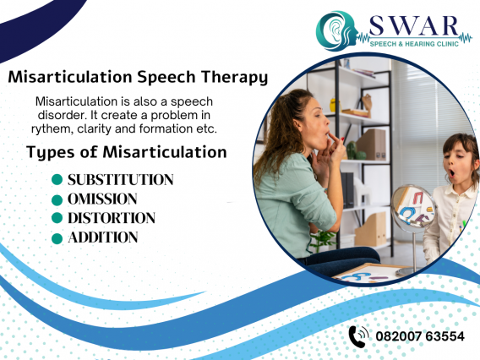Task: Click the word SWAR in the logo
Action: click(x=413, y=25)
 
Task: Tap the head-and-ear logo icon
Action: click(x=336, y=30)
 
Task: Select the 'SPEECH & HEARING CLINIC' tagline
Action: click(x=414, y=44)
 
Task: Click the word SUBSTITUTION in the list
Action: click(x=121, y=180)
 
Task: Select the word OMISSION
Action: click(x=102, y=199)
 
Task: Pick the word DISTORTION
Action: click(x=112, y=218)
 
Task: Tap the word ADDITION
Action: click(x=103, y=237)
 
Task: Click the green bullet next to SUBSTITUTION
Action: click(x=57, y=179)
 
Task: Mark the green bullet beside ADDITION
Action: click(x=57, y=238)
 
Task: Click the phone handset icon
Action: click(x=358, y=336)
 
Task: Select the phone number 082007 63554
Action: click(x=420, y=336)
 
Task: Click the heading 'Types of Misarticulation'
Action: click(x=127, y=152)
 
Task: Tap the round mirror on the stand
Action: click(x=412, y=207)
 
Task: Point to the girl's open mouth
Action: click(x=452, y=173)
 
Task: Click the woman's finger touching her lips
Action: click(x=334, y=137)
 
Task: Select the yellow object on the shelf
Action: click(x=333, y=105)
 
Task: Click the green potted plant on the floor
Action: click(x=322, y=240)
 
